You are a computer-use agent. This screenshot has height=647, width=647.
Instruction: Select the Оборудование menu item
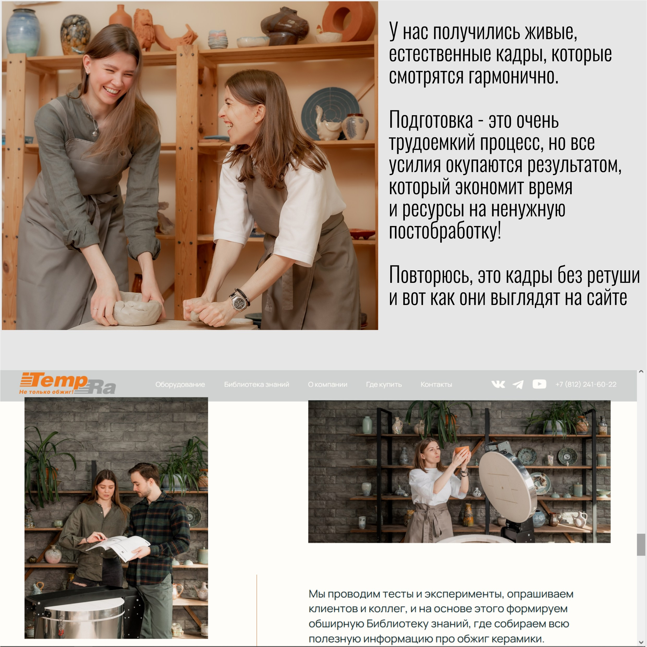[180, 384]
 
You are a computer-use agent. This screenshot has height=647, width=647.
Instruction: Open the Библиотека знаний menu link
[257, 384]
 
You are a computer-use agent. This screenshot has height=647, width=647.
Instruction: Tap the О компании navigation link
[327, 384]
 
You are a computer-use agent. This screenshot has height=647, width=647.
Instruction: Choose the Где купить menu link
[384, 384]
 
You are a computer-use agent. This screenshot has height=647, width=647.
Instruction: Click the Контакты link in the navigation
[436, 384]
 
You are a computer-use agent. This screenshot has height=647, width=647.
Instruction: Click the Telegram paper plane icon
[518, 384]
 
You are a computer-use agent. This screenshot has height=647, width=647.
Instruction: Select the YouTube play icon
[539, 384]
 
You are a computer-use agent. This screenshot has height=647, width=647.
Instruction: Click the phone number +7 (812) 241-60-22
[586, 384]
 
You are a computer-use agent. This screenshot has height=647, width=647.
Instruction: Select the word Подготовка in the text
[431, 120]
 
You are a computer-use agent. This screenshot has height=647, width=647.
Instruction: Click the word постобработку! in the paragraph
[445, 231]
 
